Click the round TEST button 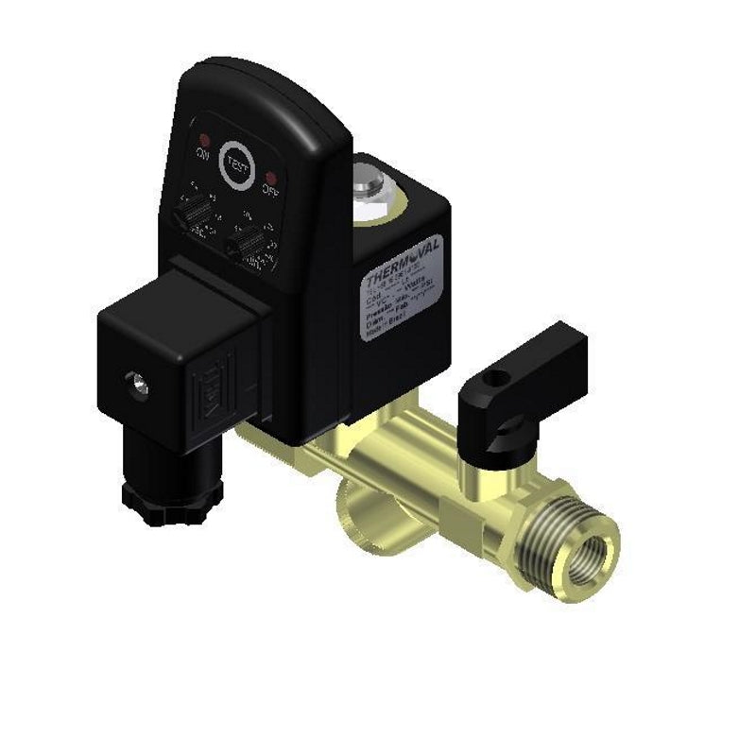pos(236,161)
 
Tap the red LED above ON pos(201,137)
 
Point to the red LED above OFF pos(270,177)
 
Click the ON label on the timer pos(201,155)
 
